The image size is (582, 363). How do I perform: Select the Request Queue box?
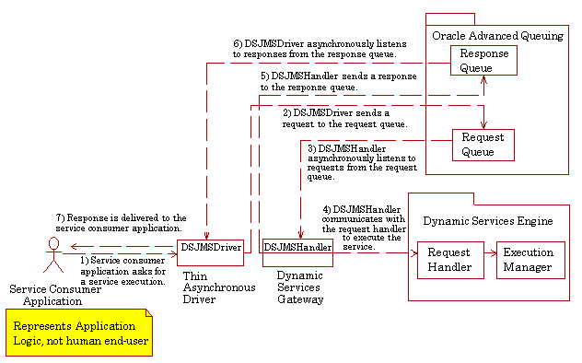[483, 145]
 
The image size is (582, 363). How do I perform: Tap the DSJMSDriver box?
[210, 247]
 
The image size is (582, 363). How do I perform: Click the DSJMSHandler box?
[297, 247]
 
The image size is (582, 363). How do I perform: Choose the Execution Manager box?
[528, 260]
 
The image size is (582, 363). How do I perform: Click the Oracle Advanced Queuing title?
[497, 35]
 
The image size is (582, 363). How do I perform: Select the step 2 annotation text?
[346, 118]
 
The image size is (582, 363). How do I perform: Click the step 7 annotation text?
[119, 222]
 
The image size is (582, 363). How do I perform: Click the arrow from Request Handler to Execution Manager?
[487, 259]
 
